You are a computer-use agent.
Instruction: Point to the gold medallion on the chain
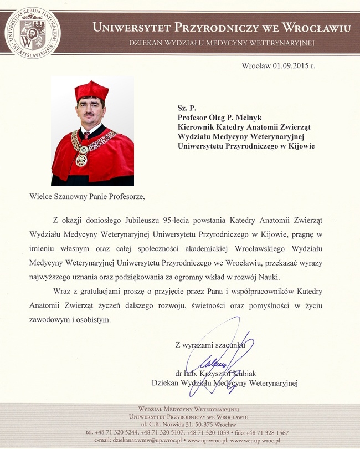[81, 160]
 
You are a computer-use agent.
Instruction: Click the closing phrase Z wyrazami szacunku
[210, 345]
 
